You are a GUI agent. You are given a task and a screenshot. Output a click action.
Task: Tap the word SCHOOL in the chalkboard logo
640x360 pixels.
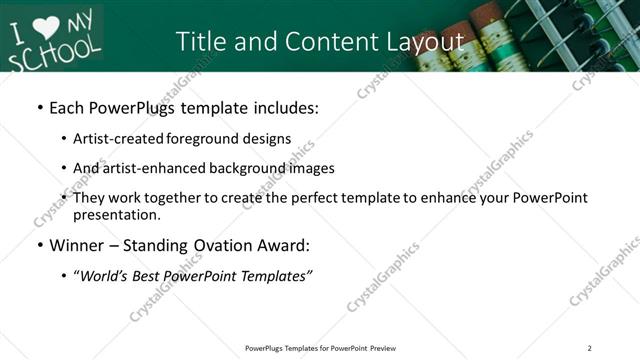(x=55, y=51)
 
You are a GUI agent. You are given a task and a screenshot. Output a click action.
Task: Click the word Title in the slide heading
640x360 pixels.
(x=200, y=41)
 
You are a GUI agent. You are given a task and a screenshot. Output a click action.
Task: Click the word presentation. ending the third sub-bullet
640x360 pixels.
(x=117, y=214)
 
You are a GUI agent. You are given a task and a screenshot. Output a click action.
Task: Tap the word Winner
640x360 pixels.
(x=77, y=245)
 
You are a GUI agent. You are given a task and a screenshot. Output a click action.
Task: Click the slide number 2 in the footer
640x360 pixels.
(x=589, y=348)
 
